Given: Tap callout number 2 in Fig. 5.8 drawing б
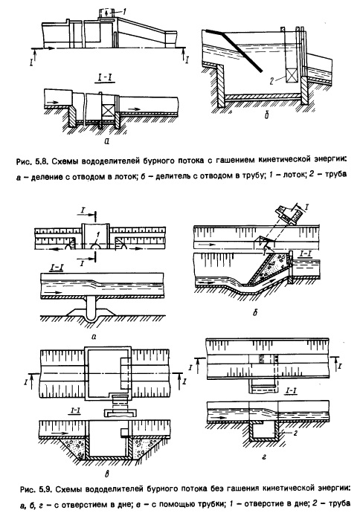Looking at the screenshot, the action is point(271,80).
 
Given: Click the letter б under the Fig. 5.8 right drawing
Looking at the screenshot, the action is point(267,115).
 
